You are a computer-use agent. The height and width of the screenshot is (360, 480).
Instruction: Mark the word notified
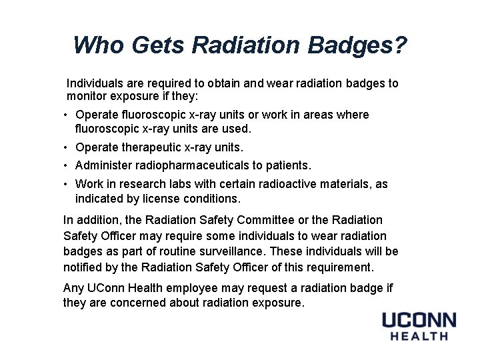click(83, 267)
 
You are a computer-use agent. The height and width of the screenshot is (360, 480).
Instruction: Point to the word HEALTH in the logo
click(419, 337)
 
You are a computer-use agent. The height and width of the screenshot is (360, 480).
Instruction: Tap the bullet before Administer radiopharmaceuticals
click(67, 165)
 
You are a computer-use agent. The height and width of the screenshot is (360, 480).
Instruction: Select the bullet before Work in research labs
click(67, 184)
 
